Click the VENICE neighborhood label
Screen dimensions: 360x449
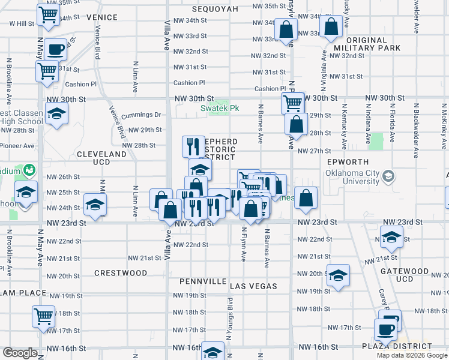101,17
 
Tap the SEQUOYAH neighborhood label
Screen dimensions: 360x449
215,9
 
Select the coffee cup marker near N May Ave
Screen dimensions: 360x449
55,50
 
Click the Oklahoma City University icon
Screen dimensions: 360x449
389,176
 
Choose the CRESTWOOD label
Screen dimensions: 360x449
121,273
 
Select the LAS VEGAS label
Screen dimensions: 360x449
253,286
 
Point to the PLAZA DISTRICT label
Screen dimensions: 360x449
396,346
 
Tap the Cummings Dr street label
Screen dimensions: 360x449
142,115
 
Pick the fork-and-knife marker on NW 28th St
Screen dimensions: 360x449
193,146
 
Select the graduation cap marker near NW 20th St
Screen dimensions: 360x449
339,275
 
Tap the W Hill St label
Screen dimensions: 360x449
22,23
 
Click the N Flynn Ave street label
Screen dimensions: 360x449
244,244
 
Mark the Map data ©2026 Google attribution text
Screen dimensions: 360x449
412,355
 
